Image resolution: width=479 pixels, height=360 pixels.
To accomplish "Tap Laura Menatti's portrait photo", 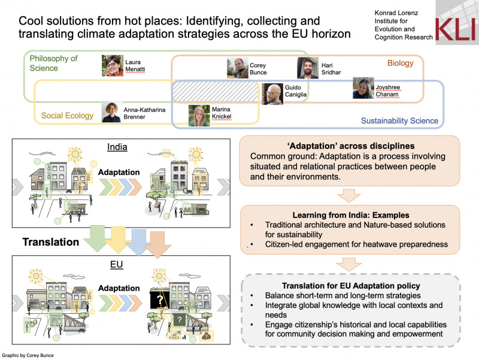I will coord(113,66).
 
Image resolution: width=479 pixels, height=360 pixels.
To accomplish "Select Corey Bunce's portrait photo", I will coord(238,68).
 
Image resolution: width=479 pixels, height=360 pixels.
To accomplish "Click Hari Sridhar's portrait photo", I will coord(308,68).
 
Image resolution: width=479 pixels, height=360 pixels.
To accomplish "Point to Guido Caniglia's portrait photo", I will coord(272,94).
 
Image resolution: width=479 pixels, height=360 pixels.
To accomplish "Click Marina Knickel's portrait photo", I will coord(199,116).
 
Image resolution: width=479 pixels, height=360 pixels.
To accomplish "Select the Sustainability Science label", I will coord(399,121).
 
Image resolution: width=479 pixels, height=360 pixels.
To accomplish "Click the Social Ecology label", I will coord(67,114).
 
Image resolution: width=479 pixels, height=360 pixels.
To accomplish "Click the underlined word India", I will coord(117,147).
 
